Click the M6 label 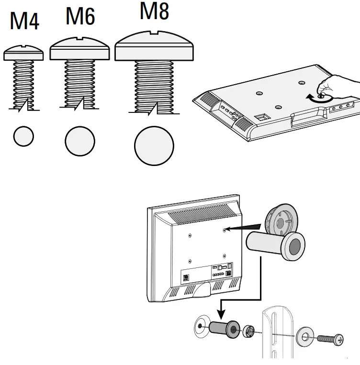tap(80, 16)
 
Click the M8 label tap(154, 11)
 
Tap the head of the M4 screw tap(23, 52)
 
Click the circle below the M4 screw tap(23, 136)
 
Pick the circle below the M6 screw tap(80, 141)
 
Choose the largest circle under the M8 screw tap(154, 145)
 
